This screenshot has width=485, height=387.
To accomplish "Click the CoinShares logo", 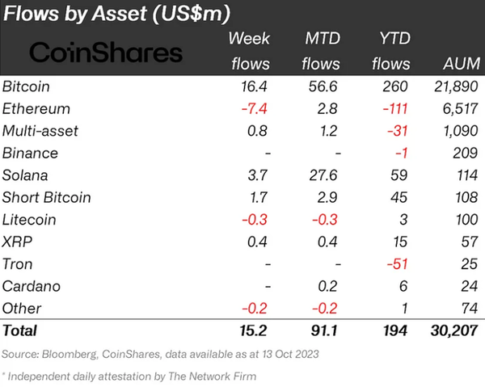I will pos(106,53).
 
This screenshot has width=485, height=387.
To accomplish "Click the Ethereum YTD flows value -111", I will pos(394,108).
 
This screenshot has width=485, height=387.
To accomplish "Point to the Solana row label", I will pos(27,175).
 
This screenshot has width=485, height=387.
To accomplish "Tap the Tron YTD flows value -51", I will pos(396,264).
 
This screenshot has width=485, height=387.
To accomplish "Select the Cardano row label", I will pos(32,286).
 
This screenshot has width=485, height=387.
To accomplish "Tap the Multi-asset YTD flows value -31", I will pos(397,131).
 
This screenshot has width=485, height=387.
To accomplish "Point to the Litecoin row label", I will pos(31,220).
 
